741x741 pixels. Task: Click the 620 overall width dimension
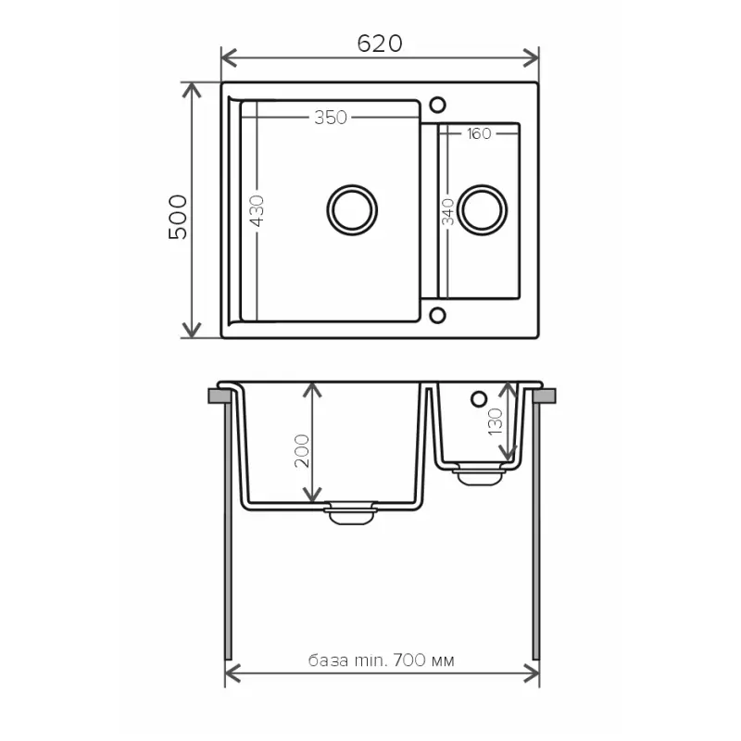379,44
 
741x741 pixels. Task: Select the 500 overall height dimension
178,217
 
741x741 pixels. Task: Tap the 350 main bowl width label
330,118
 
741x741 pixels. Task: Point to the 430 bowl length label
257,213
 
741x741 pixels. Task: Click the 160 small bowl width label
478,134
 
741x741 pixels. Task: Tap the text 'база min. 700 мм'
381,660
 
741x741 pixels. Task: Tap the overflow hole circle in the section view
479,398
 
